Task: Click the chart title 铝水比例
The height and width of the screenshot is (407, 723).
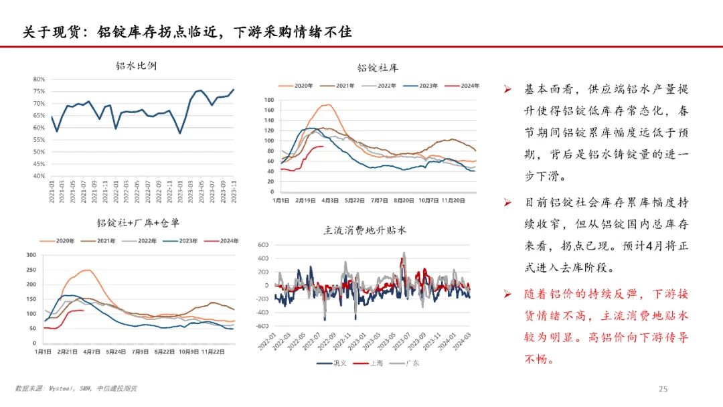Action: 137,66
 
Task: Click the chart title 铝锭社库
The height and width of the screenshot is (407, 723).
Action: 378,68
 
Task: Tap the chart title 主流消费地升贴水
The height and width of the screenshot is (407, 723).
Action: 365,230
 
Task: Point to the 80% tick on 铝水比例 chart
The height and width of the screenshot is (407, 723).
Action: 39,79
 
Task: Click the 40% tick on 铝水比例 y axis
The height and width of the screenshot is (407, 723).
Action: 39,176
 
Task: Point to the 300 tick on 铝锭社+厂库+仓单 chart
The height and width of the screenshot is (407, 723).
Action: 30,255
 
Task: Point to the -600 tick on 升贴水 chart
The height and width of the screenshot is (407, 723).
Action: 260,326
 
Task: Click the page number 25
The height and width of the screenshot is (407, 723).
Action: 663,389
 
